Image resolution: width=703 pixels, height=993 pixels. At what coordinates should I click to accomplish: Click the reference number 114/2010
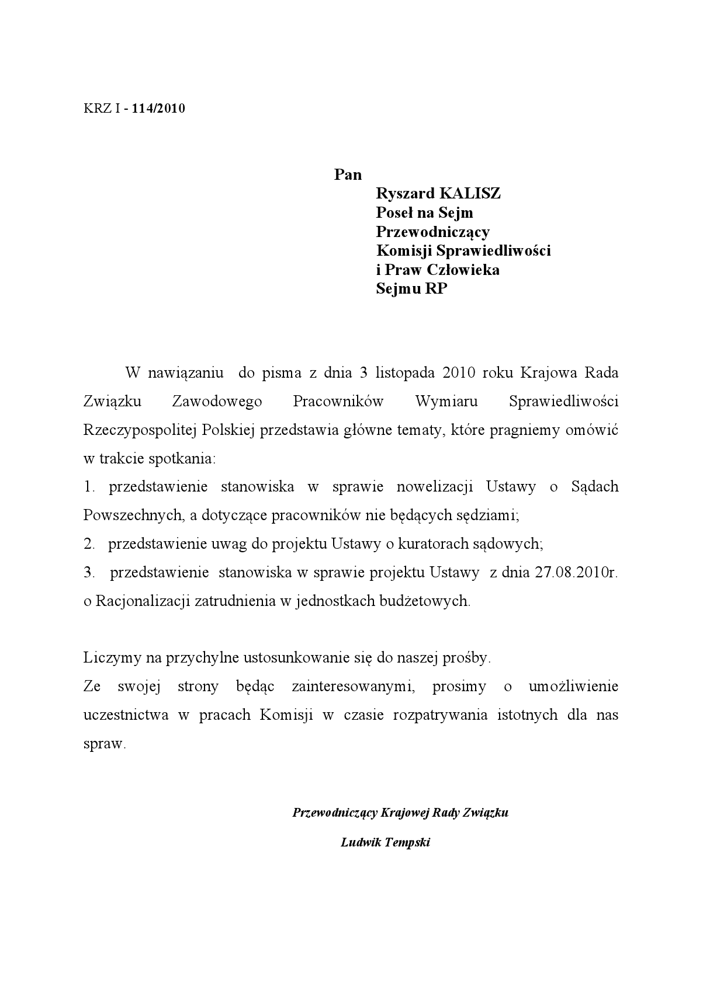click(158, 108)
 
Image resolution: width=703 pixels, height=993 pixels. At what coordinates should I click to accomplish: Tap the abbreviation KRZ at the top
click(96, 108)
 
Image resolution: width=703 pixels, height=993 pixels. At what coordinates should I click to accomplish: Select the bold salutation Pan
click(348, 175)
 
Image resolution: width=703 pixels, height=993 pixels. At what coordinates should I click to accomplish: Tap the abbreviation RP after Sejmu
click(436, 288)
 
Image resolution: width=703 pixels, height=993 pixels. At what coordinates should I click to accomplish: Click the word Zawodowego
click(217, 401)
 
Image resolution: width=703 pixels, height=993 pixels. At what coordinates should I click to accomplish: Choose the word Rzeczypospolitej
click(140, 430)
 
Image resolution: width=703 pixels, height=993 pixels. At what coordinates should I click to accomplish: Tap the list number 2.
click(89, 544)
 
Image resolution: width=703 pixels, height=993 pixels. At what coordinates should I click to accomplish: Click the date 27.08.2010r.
click(576, 572)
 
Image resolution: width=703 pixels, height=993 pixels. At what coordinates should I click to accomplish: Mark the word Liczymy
click(109, 658)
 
